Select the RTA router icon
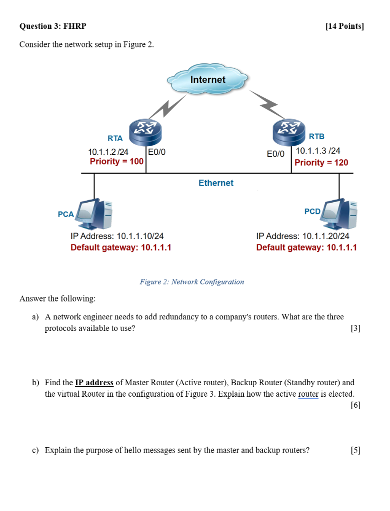pos(143,131)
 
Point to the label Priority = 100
pos(116,161)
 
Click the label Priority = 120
pos(321,162)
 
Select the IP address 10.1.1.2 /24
pos(108,152)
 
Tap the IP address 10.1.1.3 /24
pos(318,151)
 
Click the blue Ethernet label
pos(215,183)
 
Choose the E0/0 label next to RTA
pos(157,152)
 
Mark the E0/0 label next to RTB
pos(275,154)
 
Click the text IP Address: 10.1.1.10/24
pos(117,236)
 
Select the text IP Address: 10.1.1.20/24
pos(302,236)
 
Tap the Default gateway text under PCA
pos(121,248)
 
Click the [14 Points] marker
pos(344,26)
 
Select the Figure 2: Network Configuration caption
pos(192,282)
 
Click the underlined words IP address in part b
pos(94,383)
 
